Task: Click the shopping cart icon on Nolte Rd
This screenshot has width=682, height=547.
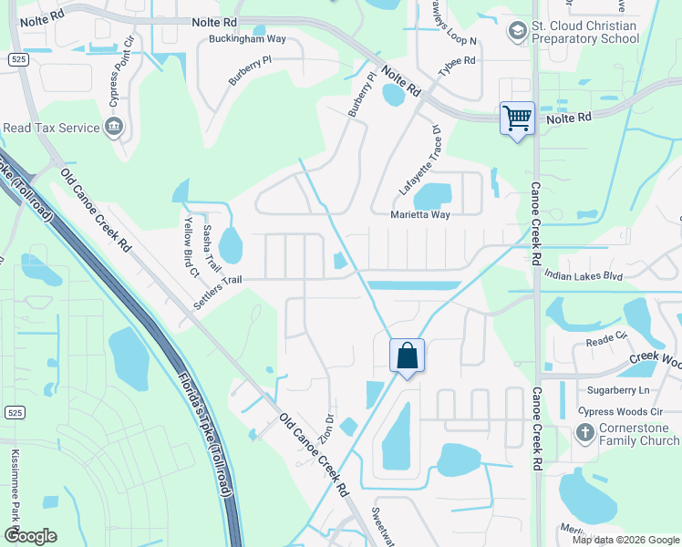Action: tap(517, 119)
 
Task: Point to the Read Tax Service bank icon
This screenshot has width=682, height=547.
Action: tap(116, 127)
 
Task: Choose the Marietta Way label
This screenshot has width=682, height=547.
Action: tap(420, 215)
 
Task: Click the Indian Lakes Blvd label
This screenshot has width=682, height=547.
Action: tap(582, 274)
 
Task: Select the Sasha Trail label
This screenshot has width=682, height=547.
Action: tap(212, 248)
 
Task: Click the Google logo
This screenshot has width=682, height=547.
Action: tap(30, 535)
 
